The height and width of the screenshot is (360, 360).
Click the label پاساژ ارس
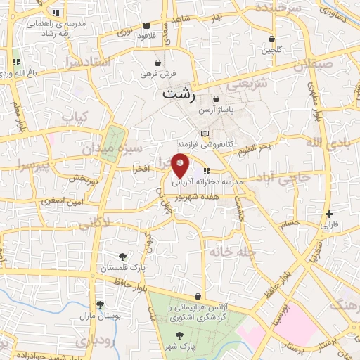215,111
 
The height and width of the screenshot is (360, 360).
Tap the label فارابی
330,226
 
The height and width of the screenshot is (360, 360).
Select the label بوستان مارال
101,316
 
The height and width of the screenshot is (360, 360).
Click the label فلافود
146,35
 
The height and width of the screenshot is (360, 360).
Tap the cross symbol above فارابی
330,214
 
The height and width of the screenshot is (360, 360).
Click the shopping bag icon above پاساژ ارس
215,99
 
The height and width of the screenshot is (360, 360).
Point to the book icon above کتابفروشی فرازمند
205,134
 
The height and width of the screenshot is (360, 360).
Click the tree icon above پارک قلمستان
123,257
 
